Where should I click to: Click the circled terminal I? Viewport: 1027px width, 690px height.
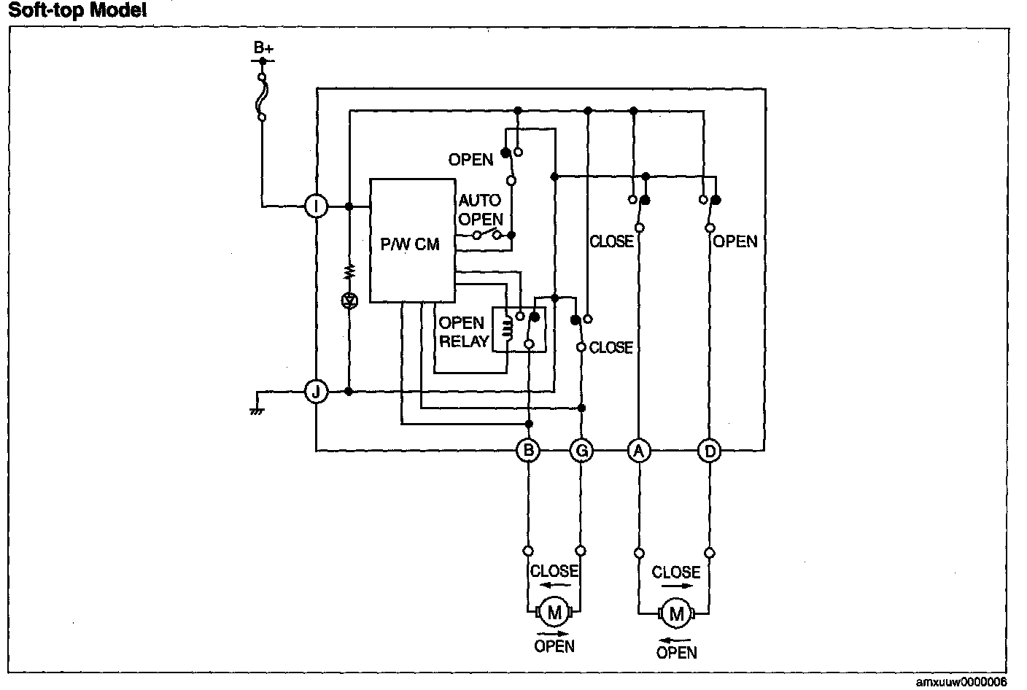(316, 206)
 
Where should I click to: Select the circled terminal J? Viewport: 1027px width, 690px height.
(316, 392)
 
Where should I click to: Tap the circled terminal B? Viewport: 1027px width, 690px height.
(528, 451)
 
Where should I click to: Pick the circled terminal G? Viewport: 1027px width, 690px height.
(581, 451)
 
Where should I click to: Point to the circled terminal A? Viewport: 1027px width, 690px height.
(639, 451)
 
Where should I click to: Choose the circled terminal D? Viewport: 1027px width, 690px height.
(709, 451)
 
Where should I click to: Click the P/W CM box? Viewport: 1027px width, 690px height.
(412, 241)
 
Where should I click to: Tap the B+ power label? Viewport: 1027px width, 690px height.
(263, 48)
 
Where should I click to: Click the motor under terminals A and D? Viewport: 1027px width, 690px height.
(675, 614)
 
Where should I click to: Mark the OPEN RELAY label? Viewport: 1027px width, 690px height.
(462, 332)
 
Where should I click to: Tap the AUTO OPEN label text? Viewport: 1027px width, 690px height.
(480, 209)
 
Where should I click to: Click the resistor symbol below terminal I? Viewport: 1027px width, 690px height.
(349, 271)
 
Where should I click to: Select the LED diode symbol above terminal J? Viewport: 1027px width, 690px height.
(349, 300)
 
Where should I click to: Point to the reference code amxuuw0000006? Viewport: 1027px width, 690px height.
(961, 682)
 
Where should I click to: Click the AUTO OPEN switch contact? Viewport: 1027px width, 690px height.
(487, 235)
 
